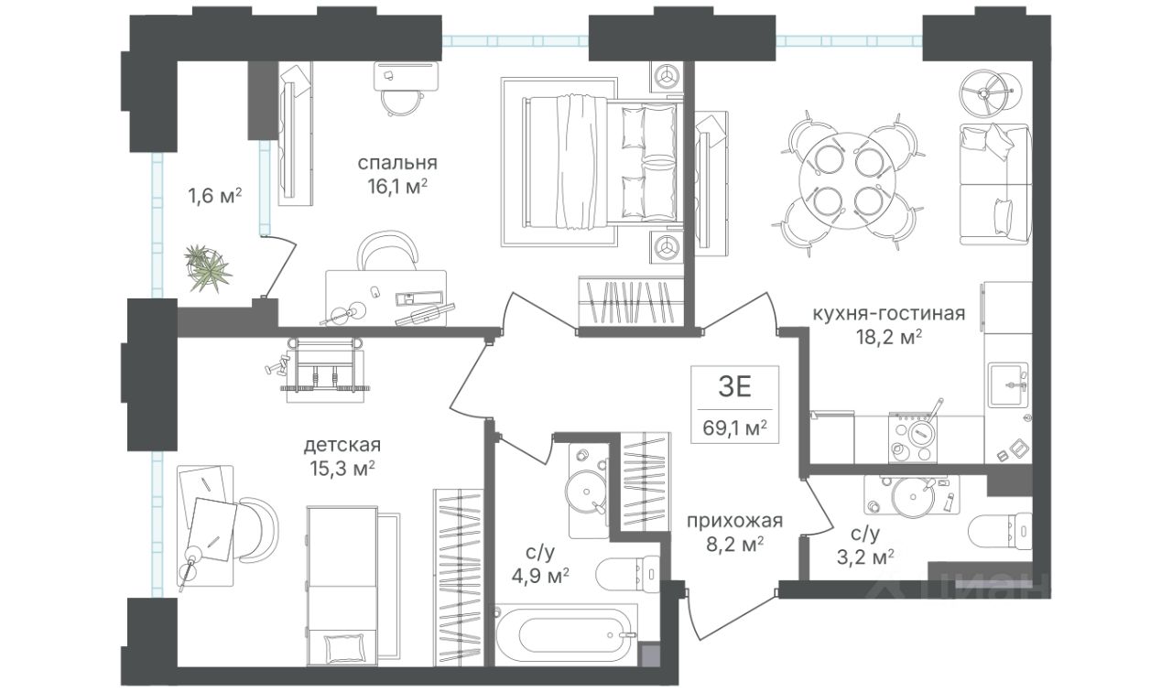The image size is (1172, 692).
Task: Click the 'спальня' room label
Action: (x=397, y=163)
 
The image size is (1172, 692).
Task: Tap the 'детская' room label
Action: (x=342, y=445)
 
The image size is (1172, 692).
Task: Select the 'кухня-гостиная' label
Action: (x=888, y=313)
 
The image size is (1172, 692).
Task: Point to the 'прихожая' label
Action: (x=734, y=521)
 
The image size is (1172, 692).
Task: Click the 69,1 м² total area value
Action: (x=734, y=427)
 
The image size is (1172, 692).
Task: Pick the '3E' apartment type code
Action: (x=734, y=387)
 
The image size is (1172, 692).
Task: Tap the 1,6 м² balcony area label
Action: (x=214, y=197)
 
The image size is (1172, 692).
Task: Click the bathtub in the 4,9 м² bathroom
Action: (x=566, y=635)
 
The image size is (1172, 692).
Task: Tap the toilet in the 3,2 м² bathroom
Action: (x=1000, y=530)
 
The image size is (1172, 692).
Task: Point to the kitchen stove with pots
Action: (x=912, y=438)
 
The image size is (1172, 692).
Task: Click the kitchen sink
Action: (x=1008, y=385)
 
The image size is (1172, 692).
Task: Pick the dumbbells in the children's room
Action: (x=277, y=364)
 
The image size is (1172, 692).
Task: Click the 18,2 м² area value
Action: (x=888, y=338)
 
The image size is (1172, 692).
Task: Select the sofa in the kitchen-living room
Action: (x=995, y=184)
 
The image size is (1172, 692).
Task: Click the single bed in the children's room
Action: (x=342, y=586)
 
